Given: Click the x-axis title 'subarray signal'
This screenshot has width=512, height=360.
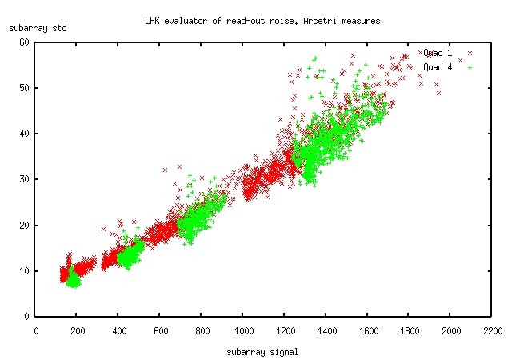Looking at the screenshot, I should (262, 351).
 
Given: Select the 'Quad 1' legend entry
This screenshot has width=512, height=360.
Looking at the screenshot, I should (438, 53).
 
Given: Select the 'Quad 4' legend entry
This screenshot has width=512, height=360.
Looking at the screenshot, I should (438, 67).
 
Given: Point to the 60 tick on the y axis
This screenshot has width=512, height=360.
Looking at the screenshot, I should (25, 42).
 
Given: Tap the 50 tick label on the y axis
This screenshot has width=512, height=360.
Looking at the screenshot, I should (25, 87).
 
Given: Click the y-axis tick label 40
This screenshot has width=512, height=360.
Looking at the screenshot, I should (25, 134).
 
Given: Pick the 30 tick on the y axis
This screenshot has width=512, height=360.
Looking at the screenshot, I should (25, 179).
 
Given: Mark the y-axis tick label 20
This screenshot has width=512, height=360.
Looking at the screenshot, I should (25, 225).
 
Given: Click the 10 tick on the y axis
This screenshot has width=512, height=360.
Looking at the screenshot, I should (25, 270).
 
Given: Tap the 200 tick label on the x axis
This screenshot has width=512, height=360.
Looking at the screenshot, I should (78, 328).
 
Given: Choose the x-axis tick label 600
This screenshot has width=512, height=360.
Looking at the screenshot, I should (160, 328).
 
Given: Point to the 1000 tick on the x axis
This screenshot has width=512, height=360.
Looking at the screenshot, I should (243, 328).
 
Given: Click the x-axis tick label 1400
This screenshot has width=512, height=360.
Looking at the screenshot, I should (326, 328).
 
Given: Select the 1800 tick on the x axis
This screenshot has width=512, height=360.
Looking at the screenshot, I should (410, 328).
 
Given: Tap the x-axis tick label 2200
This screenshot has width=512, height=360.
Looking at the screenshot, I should (492, 328).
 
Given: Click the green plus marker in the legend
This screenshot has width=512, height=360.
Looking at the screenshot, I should (470, 67).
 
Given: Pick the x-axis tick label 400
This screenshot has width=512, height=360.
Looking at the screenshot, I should (119, 328).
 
